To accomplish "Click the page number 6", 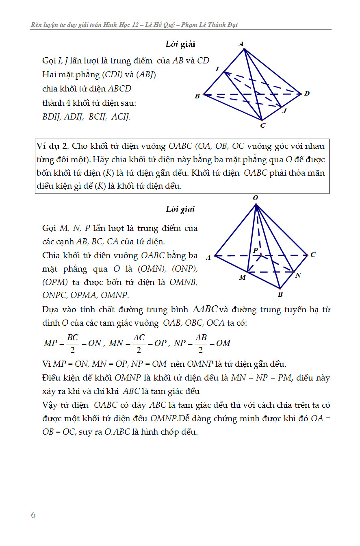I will point(33,515).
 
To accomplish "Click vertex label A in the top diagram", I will point(241,44).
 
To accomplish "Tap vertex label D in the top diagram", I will point(307,94).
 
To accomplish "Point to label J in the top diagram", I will point(285,110).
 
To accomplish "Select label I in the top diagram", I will point(217,69).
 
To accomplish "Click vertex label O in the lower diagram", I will point(256,198).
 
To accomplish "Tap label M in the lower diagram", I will point(243,277).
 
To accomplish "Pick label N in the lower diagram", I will point(298,275).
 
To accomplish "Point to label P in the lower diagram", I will point(256,250).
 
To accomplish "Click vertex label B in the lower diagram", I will point(280,294).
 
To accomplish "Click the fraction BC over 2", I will point(73,343).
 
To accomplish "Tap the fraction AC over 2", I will point(139,343).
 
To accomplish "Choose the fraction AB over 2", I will point(201,343).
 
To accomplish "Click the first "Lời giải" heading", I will point(180,44).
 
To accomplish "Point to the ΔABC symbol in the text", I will point(206,309).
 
